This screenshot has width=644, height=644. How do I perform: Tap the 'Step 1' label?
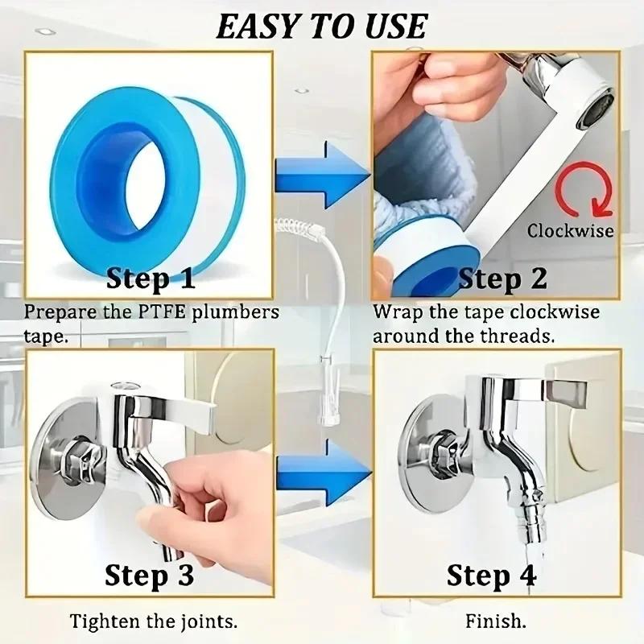click(x=151, y=279)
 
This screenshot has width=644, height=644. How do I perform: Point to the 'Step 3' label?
click(x=150, y=576)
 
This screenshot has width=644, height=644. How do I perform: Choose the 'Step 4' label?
click(x=491, y=576)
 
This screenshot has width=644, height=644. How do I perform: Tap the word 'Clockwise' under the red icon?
click(x=570, y=231)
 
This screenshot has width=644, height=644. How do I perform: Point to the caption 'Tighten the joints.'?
click(x=153, y=621)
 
